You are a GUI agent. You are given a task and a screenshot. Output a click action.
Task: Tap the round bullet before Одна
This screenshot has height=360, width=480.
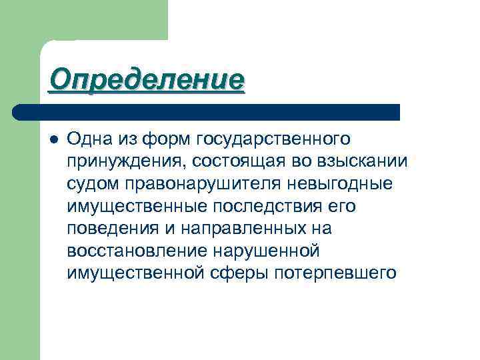pos(53,139)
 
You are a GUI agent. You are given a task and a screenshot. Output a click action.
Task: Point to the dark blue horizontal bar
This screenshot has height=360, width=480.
pos(207,112)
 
